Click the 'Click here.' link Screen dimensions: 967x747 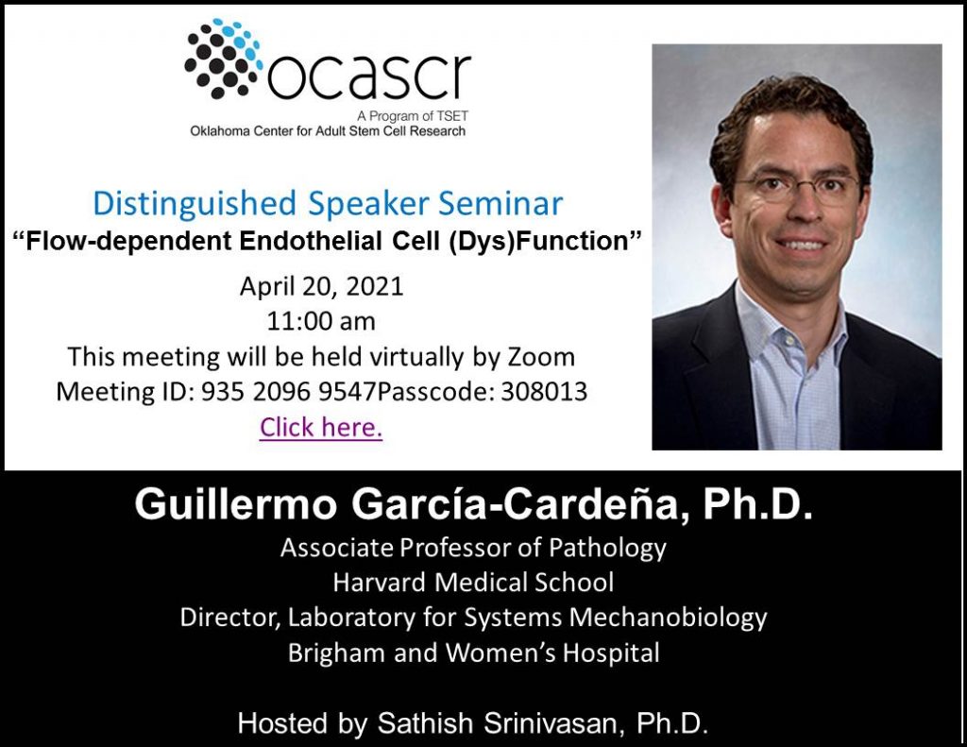[x=321, y=427]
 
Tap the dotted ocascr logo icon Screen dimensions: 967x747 [x=223, y=58]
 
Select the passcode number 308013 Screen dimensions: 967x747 [x=543, y=392]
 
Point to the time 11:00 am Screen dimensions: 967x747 [x=321, y=321]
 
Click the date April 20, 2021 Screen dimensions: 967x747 [x=321, y=287]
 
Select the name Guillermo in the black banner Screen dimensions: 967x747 [x=236, y=504]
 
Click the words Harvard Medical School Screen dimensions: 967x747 [x=474, y=583]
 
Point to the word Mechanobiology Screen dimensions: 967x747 [x=668, y=619]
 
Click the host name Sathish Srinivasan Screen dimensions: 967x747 [x=497, y=723]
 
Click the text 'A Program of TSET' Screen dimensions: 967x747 [x=413, y=115]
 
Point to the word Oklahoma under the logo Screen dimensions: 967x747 [x=216, y=130]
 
